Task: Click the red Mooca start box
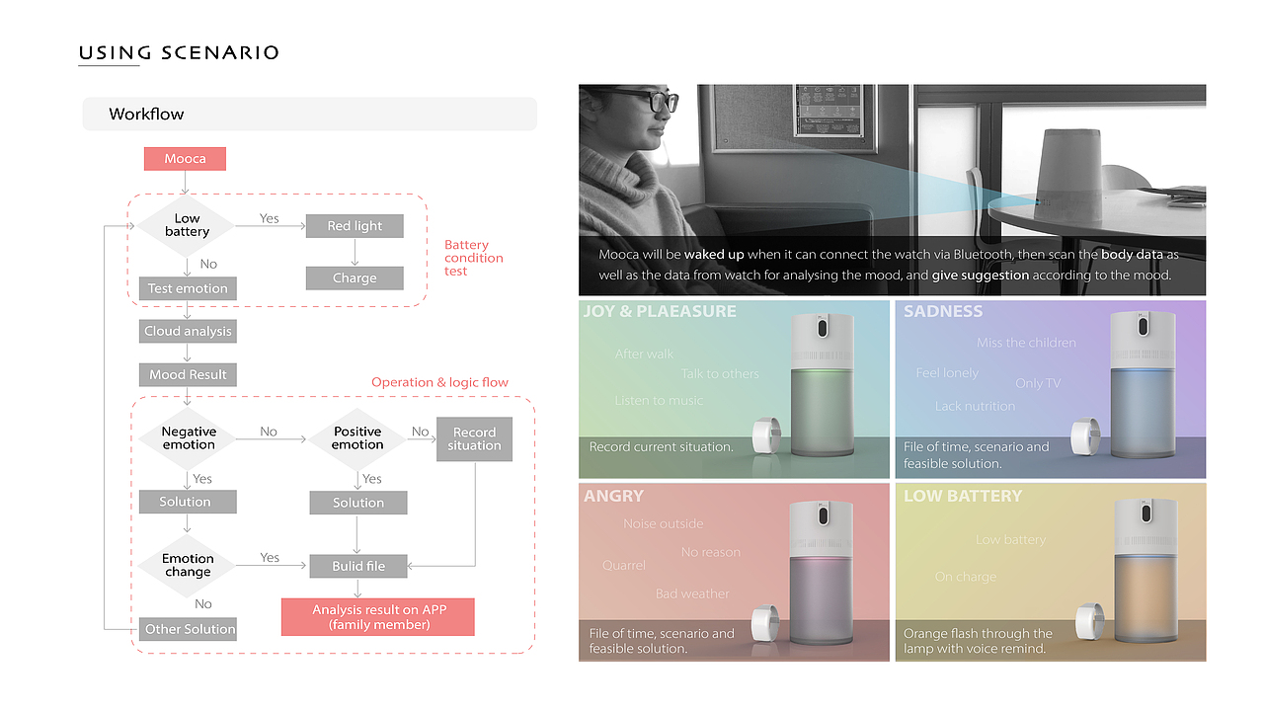click(185, 158)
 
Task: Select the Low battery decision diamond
click(187, 225)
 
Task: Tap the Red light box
click(355, 226)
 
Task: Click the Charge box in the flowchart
click(355, 277)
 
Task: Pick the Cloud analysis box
click(188, 331)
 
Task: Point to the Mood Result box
click(188, 374)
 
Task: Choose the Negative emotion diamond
click(189, 438)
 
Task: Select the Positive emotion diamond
click(357, 438)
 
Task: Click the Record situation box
click(474, 438)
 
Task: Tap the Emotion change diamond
click(188, 565)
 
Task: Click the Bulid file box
click(357, 566)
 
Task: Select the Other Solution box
click(190, 629)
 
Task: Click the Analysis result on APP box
click(378, 617)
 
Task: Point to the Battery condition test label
click(473, 258)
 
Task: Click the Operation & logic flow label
click(439, 382)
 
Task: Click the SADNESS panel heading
click(943, 312)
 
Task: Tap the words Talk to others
click(720, 374)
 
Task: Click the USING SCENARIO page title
click(179, 53)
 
